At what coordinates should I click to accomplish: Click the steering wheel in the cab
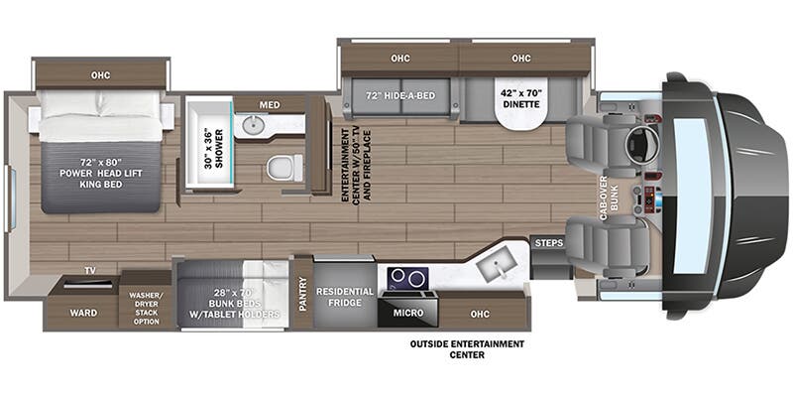(640, 145)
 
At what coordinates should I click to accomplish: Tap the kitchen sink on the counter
(492, 265)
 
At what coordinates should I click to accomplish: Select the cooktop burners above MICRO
(407, 277)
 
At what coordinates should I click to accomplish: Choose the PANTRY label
(302, 295)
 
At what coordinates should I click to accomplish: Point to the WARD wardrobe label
(83, 313)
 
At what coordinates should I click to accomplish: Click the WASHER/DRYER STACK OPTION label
(145, 308)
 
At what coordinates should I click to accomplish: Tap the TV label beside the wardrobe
(89, 269)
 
